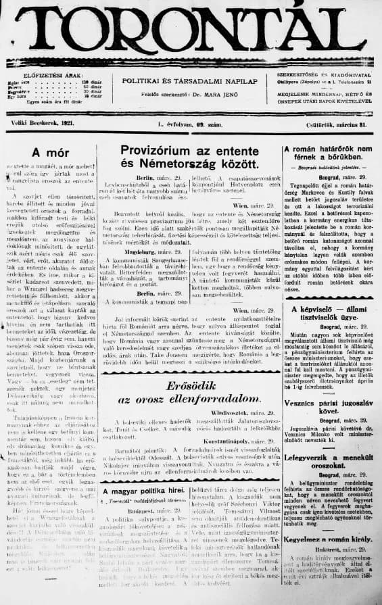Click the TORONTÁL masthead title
tap(191, 30)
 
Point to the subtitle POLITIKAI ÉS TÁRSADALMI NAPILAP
tap(190, 80)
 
